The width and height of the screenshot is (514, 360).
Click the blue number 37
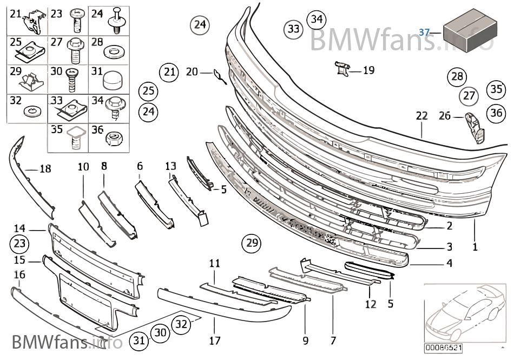[424, 32]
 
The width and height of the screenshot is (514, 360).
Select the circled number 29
[252, 243]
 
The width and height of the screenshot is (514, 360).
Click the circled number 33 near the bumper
[293, 29]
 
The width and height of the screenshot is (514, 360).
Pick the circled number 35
[495, 89]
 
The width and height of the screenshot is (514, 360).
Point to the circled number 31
[140, 340]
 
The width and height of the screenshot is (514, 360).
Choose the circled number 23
[19, 244]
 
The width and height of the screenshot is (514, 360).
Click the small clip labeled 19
[342, 69]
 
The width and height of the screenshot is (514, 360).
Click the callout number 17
[215, 341]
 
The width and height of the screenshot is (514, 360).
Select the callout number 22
[421, 115]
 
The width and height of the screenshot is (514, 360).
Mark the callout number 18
[45, 169]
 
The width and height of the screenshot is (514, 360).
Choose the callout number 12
[370, 304]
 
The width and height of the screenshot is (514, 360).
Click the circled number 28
[457, 76]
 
